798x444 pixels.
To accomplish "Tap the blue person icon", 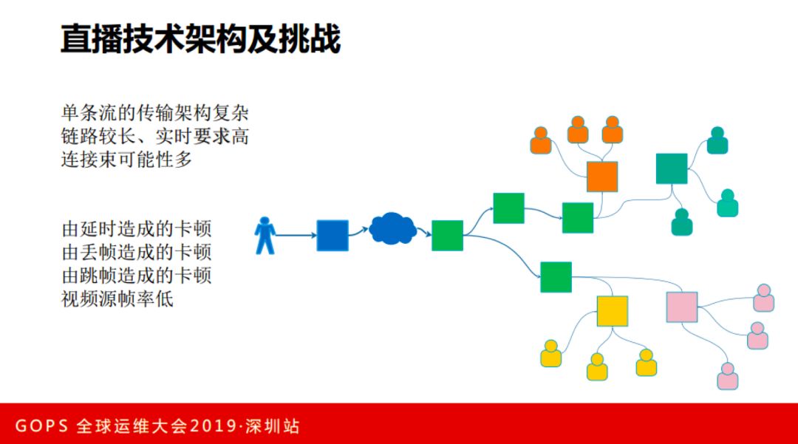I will (265, 236).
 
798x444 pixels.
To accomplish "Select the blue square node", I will (332, 236).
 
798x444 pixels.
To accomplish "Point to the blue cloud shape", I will (392, 229).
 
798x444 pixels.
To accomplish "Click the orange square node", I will (601, 177).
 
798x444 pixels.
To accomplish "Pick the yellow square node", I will (612, 311).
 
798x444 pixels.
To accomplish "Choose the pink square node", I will (681, 307).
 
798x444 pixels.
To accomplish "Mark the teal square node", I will (671, 168).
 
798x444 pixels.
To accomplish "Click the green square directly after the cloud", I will (447, 236).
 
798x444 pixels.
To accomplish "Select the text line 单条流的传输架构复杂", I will (154, 115).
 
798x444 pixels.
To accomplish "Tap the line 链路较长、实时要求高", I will (154, 137).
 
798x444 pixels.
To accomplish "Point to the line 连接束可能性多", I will (126, 159).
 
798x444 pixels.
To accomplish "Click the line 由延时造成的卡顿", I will (137, 228).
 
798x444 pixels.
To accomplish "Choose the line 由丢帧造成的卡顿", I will (137, 251).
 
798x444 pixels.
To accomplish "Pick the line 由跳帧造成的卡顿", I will (137, 276).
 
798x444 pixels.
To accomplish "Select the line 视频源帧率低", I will (117, 299).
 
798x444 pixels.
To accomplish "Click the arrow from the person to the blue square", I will (296, 236).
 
